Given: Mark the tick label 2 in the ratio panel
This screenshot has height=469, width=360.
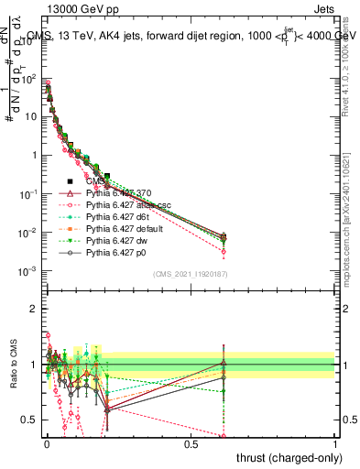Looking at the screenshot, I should click(34, 309).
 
